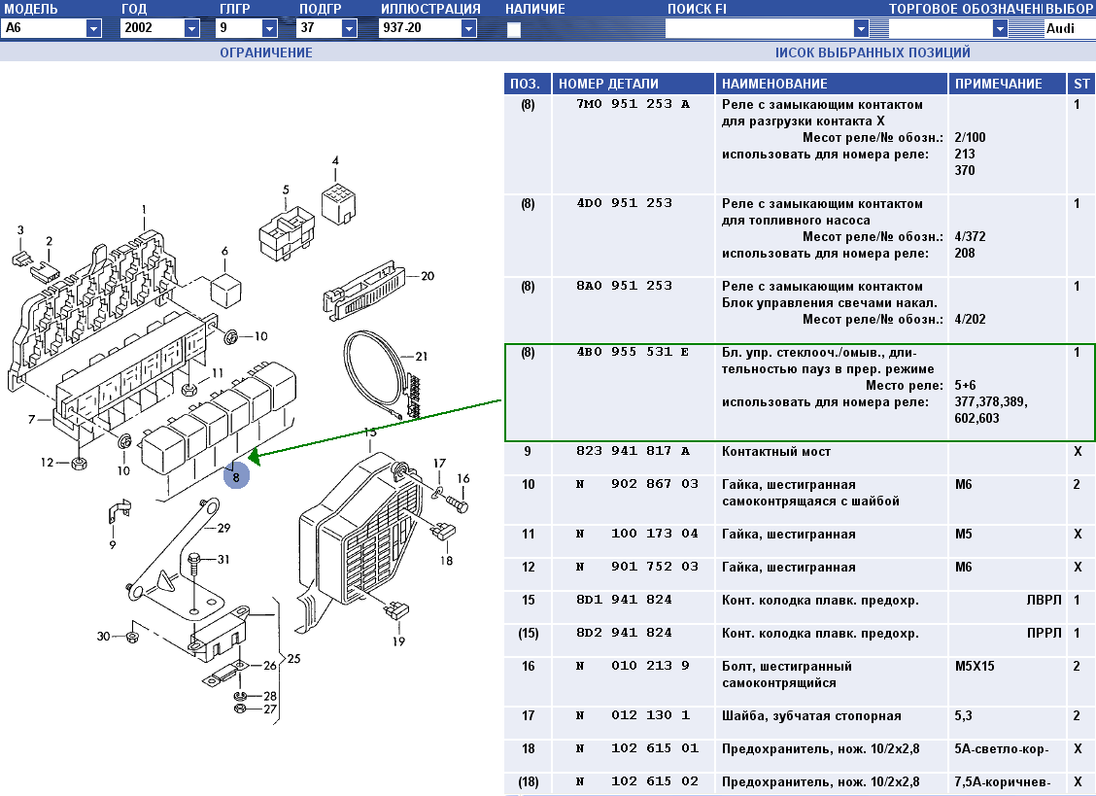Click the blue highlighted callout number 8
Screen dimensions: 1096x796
236,477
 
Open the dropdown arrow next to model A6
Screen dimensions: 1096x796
93,29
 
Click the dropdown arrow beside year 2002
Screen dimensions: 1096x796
192,29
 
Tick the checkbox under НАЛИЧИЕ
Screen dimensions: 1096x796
514,29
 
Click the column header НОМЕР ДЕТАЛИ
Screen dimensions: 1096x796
608,84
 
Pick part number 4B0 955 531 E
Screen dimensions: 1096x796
632,352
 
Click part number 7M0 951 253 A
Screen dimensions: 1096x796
633,104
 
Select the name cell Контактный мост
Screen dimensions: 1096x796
776,452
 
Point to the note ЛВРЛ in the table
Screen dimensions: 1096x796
1044,600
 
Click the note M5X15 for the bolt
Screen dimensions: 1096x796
975,666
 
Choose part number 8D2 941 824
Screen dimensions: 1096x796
624,633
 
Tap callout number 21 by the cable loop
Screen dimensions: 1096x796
422,357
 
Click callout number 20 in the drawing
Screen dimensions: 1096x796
428,276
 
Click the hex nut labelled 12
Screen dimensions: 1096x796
80,463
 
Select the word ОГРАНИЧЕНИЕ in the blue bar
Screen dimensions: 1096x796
265,52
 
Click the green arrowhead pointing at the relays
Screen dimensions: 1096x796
254,457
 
